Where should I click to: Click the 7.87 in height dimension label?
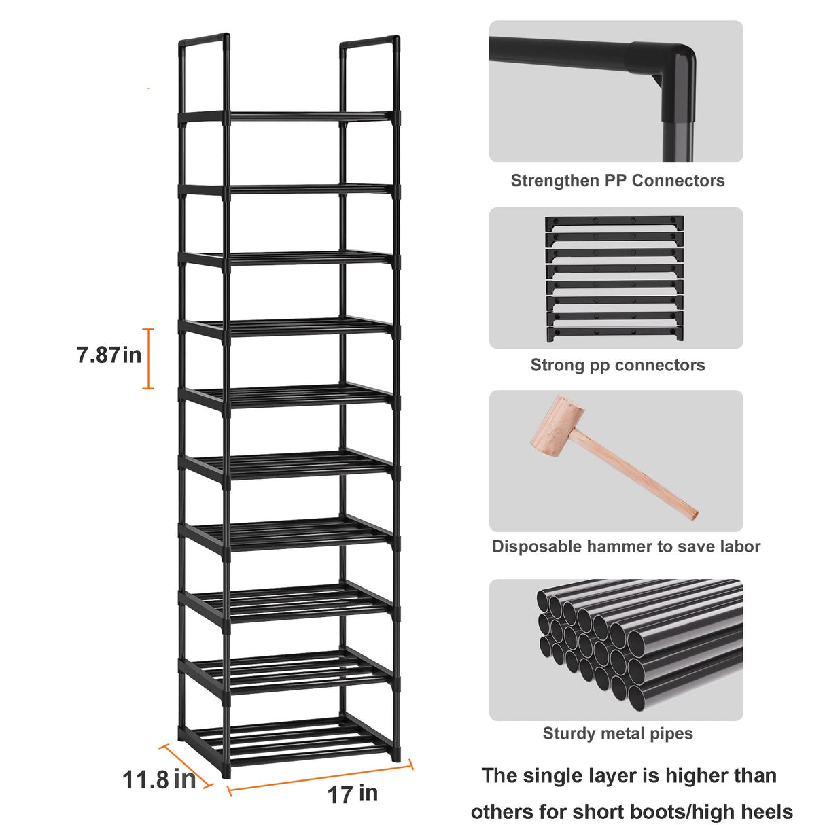click(x=109, y=355)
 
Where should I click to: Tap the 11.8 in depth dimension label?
click(x=158, y=779)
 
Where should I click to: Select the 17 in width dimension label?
click(x=352, y=794)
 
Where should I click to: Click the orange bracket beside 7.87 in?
click(x=148, y=359)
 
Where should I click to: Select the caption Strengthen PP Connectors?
click(x=617, y=181)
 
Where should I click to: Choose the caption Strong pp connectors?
click(x=617, y=366)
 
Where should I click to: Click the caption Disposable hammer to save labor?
click(x=626, y=547)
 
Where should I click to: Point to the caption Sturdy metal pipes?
click(x=617, y=734)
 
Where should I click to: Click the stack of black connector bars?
click(x=614, y=279)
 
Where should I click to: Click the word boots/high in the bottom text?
click(x=689, y=812)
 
